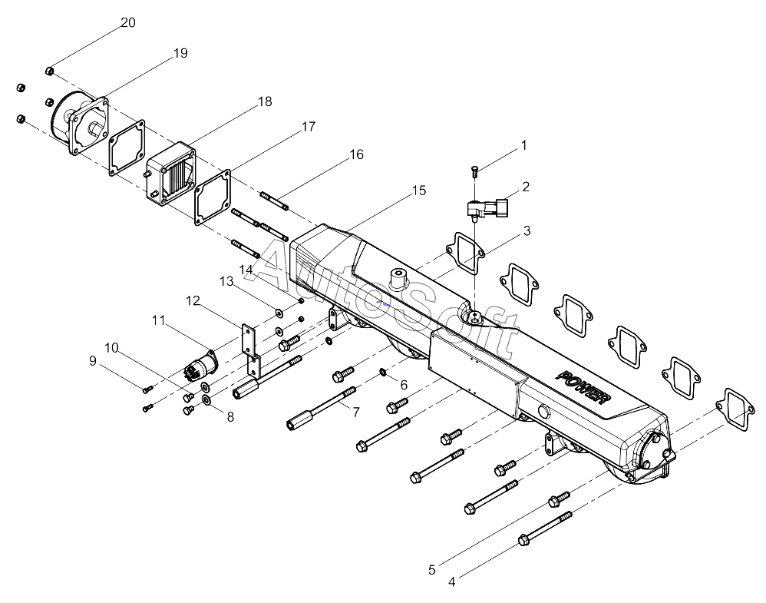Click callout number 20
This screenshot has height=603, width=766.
(128, 22)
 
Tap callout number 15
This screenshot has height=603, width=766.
(418, 191)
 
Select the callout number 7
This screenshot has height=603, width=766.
(355, 412)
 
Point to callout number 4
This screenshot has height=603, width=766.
(452, 582)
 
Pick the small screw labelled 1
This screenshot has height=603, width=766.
(474, 171)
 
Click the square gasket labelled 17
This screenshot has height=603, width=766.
(213, 197)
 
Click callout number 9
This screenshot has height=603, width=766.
(93, 361)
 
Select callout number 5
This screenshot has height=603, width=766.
(432, 570)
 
